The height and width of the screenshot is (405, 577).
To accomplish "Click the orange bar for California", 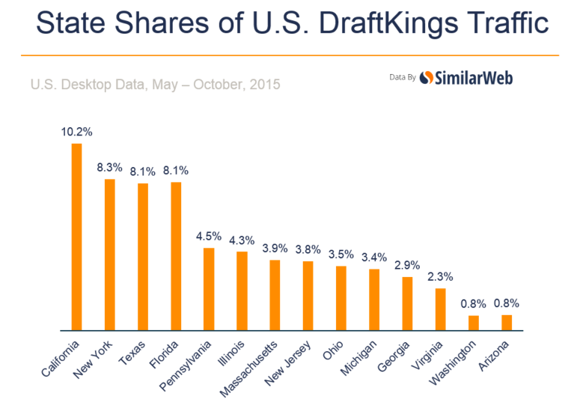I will point(76,237).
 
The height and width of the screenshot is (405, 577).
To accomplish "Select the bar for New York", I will point(109,255).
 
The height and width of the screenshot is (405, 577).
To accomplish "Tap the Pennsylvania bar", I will point(209,289).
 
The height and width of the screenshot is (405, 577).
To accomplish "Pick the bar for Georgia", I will point(407,303).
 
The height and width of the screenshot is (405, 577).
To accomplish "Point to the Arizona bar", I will point(507,323).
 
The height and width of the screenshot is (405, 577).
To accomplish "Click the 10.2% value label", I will point(76,132).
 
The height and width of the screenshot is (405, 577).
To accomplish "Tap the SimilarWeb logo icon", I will point(427,77).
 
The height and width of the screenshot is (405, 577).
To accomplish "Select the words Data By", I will point(403,77).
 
